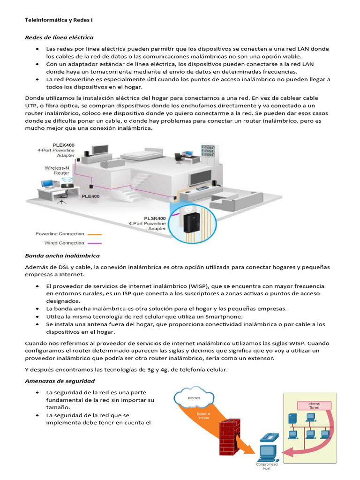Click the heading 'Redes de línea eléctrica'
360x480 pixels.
pyautogui.click(x=59, y=37)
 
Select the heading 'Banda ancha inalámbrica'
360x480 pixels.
pyautogui.click(x=62, y=255)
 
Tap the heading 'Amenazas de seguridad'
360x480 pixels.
pyautogui.click(x=60, y=381)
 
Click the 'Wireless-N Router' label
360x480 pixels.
pyautogui.click(x=57, y=170)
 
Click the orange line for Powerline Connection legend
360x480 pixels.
pyautogui.click(x=95, y=234)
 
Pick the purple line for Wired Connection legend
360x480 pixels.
pyautogui.click(x=95, y=243)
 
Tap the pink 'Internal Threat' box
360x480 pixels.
pyautogui.click(x=314, y=405)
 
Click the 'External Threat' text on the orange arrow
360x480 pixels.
pyautogui.click(x=203, y=416)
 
